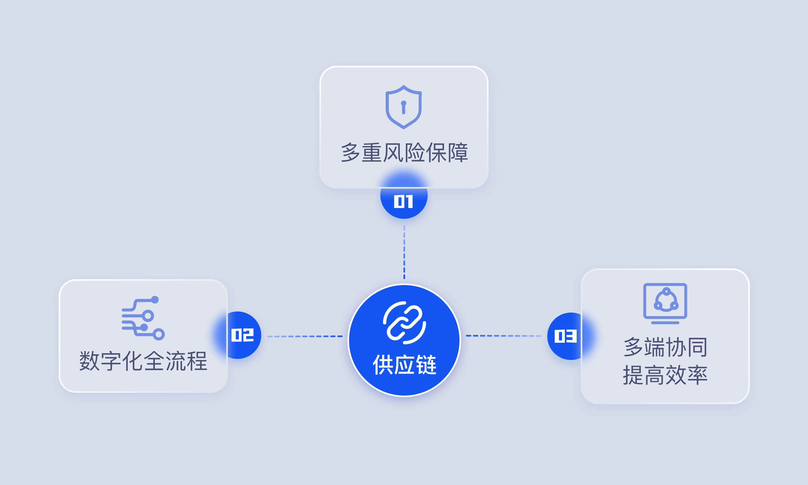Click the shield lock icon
pos(404,107)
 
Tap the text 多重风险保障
pos(404,153)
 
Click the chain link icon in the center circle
pos(404,323)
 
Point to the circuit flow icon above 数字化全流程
pos(143,318)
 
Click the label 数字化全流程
pos(143,361)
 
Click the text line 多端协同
pos(665,347)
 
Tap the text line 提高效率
pos(665,375)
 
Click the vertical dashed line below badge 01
pos(404,252)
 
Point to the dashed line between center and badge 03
pos(504,336)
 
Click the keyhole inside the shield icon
pos(404,108)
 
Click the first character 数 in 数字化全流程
pos(89,361)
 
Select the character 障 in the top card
pos(458,153)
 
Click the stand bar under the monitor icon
pos(665,323)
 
